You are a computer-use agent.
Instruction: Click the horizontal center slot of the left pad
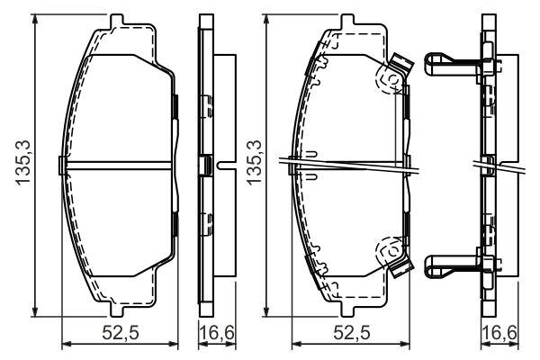[117, 165]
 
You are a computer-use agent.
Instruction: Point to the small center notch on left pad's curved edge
[60, 165]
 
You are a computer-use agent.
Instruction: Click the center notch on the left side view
[208, 166]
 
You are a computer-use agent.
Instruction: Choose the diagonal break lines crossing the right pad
[351, 166]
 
